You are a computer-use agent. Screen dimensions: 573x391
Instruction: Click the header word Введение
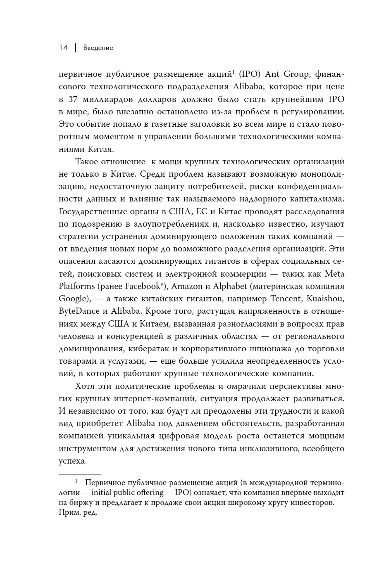click(x=98, y=48)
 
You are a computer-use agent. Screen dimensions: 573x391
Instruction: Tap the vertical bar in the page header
click(x=75, y=48)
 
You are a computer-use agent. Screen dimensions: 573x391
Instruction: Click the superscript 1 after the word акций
click(x=234, y=72)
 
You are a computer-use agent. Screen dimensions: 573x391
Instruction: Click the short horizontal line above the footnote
click(x=80, y=475)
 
